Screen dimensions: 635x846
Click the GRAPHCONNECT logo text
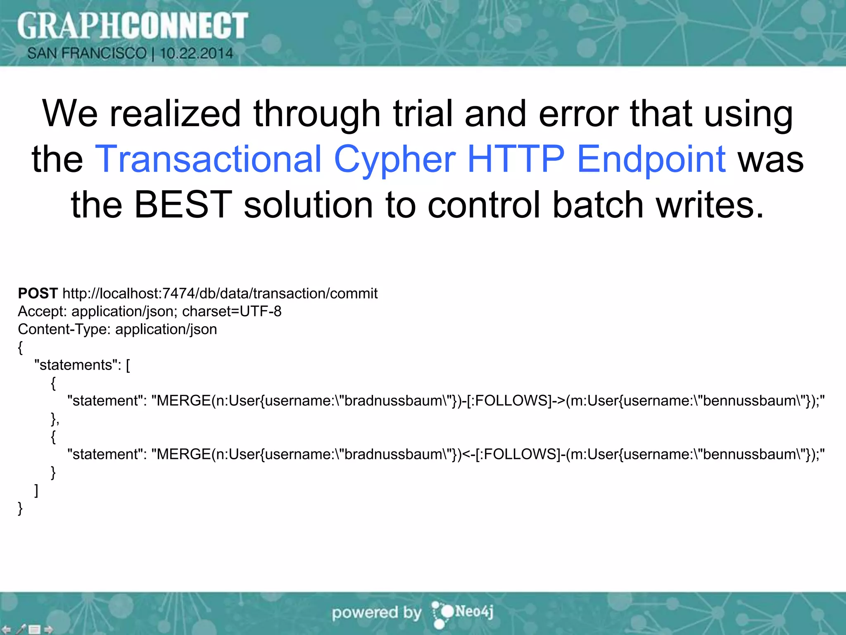[x=132, y=26]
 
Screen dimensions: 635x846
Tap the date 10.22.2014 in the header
[x=197, y=53]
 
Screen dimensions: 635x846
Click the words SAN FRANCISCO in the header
[x=87, y=53]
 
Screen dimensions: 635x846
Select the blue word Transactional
[x=208, y=159]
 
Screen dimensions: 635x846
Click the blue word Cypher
[x=394, y=160]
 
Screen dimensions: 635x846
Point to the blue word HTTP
[x=516, y=159]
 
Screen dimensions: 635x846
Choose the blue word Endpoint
[x=651, y=160]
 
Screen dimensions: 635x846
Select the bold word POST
[x=38, y=293]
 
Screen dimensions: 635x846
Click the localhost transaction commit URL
[x=220, y=294]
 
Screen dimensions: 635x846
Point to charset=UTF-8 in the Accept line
[x=232, y=311]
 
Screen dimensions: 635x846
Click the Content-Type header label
[x=64, y=329]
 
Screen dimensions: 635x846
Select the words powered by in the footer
[x=376, y=613]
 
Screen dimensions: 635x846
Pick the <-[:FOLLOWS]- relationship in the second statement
[x=513, y=454]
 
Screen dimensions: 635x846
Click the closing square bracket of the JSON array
[x=36, y=490]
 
